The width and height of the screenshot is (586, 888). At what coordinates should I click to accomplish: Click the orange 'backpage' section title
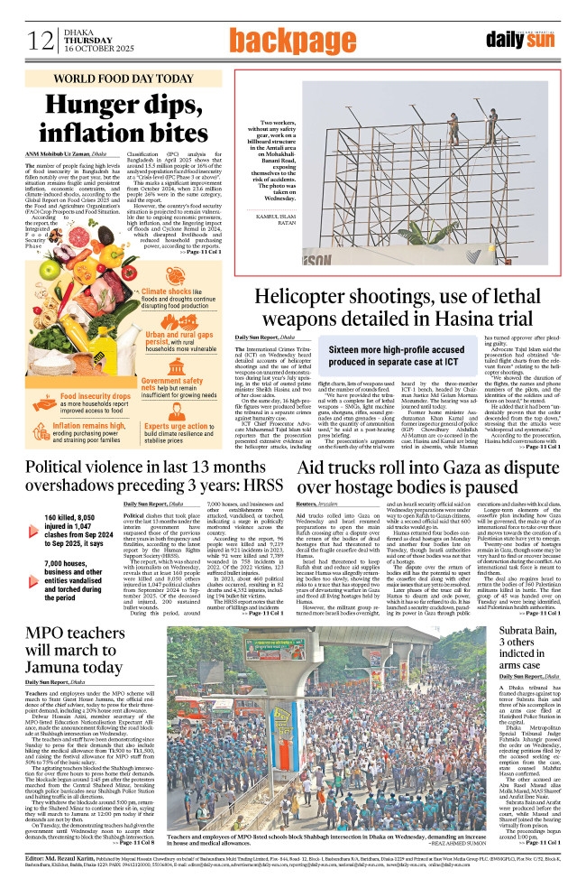292,40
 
